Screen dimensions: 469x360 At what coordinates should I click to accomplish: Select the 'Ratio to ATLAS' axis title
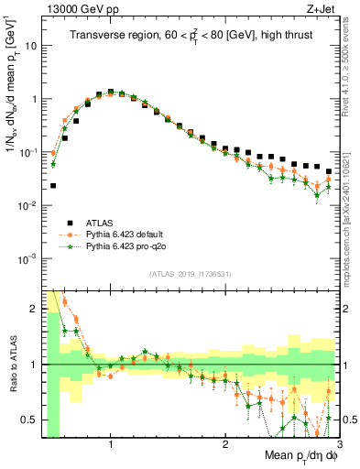coord(11,364)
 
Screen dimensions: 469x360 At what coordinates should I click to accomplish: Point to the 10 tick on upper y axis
coord(30,46)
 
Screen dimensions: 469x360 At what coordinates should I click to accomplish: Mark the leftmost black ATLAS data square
coord(53,185)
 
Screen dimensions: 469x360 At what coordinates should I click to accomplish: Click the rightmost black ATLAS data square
coord(329,171)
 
